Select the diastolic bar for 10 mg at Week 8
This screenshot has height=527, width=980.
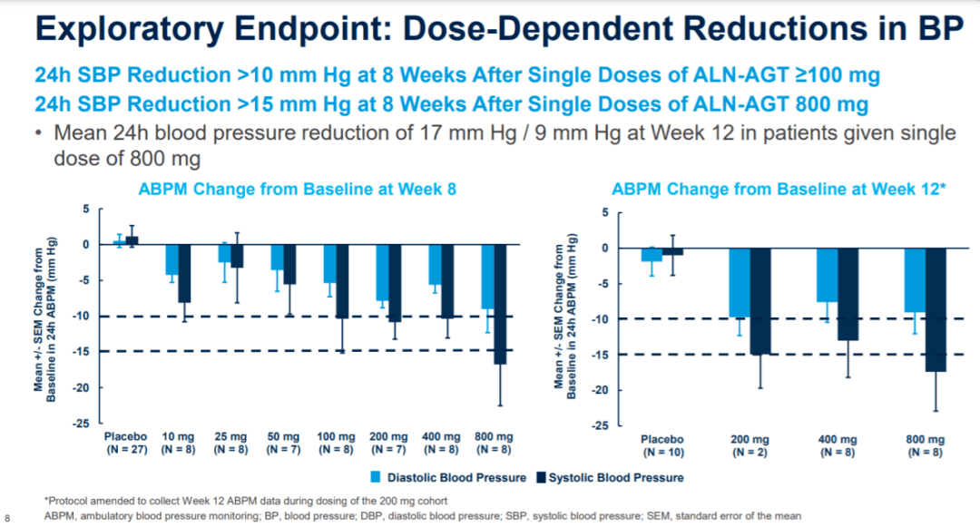[171, 259]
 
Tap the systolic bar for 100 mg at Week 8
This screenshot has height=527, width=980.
[343, 281]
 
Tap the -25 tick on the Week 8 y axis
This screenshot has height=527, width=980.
[82, 423]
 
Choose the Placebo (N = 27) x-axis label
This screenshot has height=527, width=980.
[124, 442]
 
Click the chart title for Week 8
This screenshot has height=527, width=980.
[296, 190]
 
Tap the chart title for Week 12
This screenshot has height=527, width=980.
[779, 190]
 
